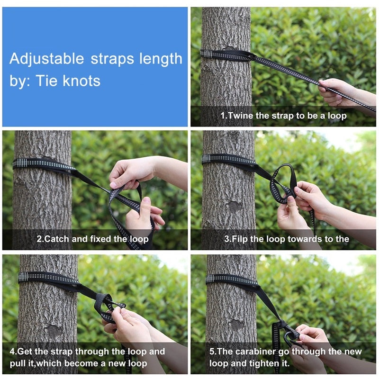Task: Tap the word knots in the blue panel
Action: click(x=81, y=81)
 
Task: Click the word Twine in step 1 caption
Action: click(x=240, y=116)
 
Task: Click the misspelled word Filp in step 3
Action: click(x=240, y=239)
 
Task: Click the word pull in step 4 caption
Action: click(x=18, y=363)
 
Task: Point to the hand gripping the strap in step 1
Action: click(x=341, y=92)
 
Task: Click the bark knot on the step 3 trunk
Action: click(x=235, y=207)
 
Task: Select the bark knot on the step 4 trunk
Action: click(x=54, y=331)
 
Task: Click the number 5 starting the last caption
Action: click(x=212, y=352)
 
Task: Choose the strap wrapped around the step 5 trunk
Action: click(x=232, y=281)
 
